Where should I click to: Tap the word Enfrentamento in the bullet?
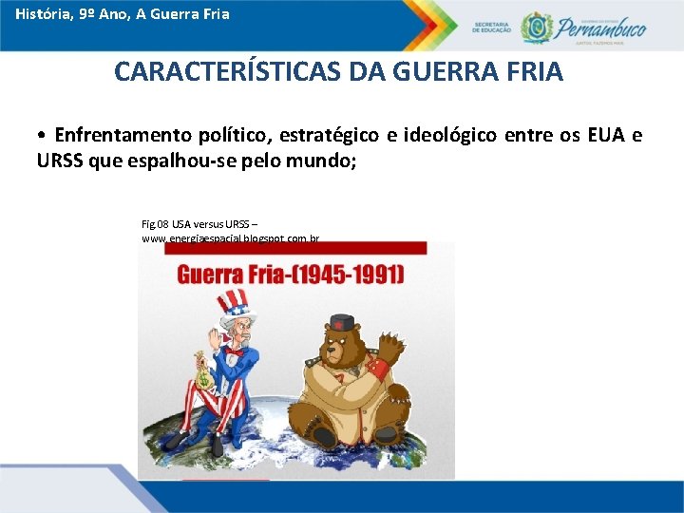[117, 135]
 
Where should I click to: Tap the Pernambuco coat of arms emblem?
[538, 27]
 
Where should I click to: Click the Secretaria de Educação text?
[491, 27]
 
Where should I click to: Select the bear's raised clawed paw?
[389, 341]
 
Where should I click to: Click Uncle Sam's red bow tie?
[234, 351]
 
